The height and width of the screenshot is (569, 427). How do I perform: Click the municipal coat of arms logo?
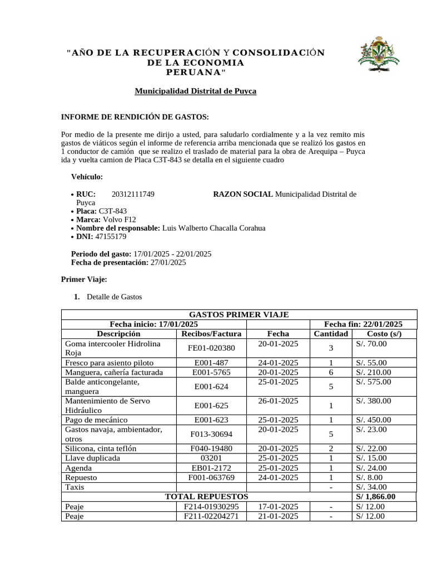(379, 55)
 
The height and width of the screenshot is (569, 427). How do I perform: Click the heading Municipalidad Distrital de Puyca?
(195, 91)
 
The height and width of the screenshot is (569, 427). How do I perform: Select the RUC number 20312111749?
(133, 194)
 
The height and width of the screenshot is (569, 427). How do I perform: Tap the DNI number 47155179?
(111, 236)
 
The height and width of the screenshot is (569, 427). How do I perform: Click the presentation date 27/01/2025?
(168, 262)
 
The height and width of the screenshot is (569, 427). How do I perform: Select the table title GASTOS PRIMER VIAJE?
(239, 315)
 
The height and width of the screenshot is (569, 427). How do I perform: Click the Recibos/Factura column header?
(211, 333)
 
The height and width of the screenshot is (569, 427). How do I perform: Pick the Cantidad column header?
(331, 333)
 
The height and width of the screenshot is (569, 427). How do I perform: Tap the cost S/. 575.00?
(373, 382)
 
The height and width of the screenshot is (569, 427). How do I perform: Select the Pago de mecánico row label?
(96, 420)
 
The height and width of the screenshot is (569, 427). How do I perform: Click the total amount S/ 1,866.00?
(376, 496)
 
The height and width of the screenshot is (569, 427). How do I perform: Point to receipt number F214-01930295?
(211, 506)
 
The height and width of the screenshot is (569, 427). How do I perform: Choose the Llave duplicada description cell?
(92, 458)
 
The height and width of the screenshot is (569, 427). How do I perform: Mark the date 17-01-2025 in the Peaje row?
(278, 506)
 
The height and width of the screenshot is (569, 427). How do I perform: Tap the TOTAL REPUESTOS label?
(206, 496)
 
